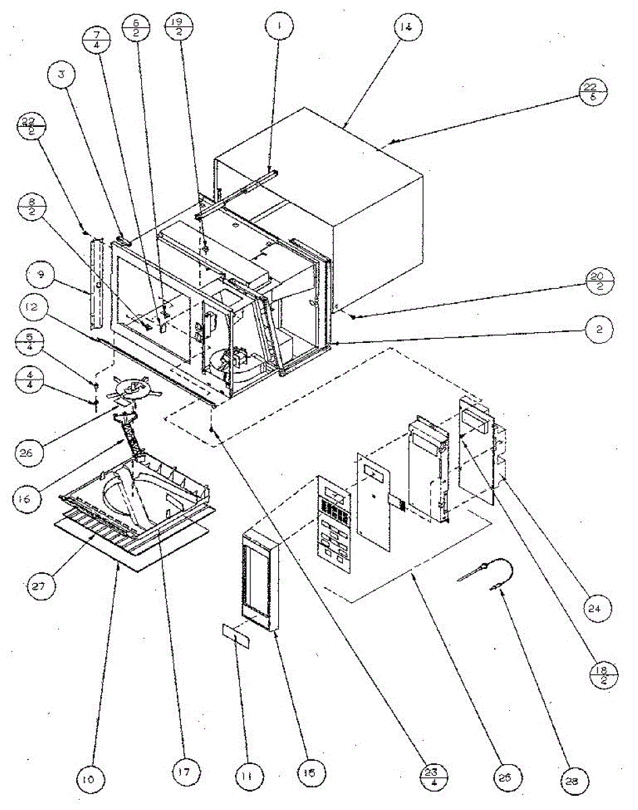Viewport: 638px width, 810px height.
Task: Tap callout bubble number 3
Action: [x=62, y=75]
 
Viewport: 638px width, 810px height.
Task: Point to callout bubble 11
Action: [x=248, y=778]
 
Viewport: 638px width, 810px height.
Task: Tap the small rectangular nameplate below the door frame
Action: [x=236, y=635]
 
